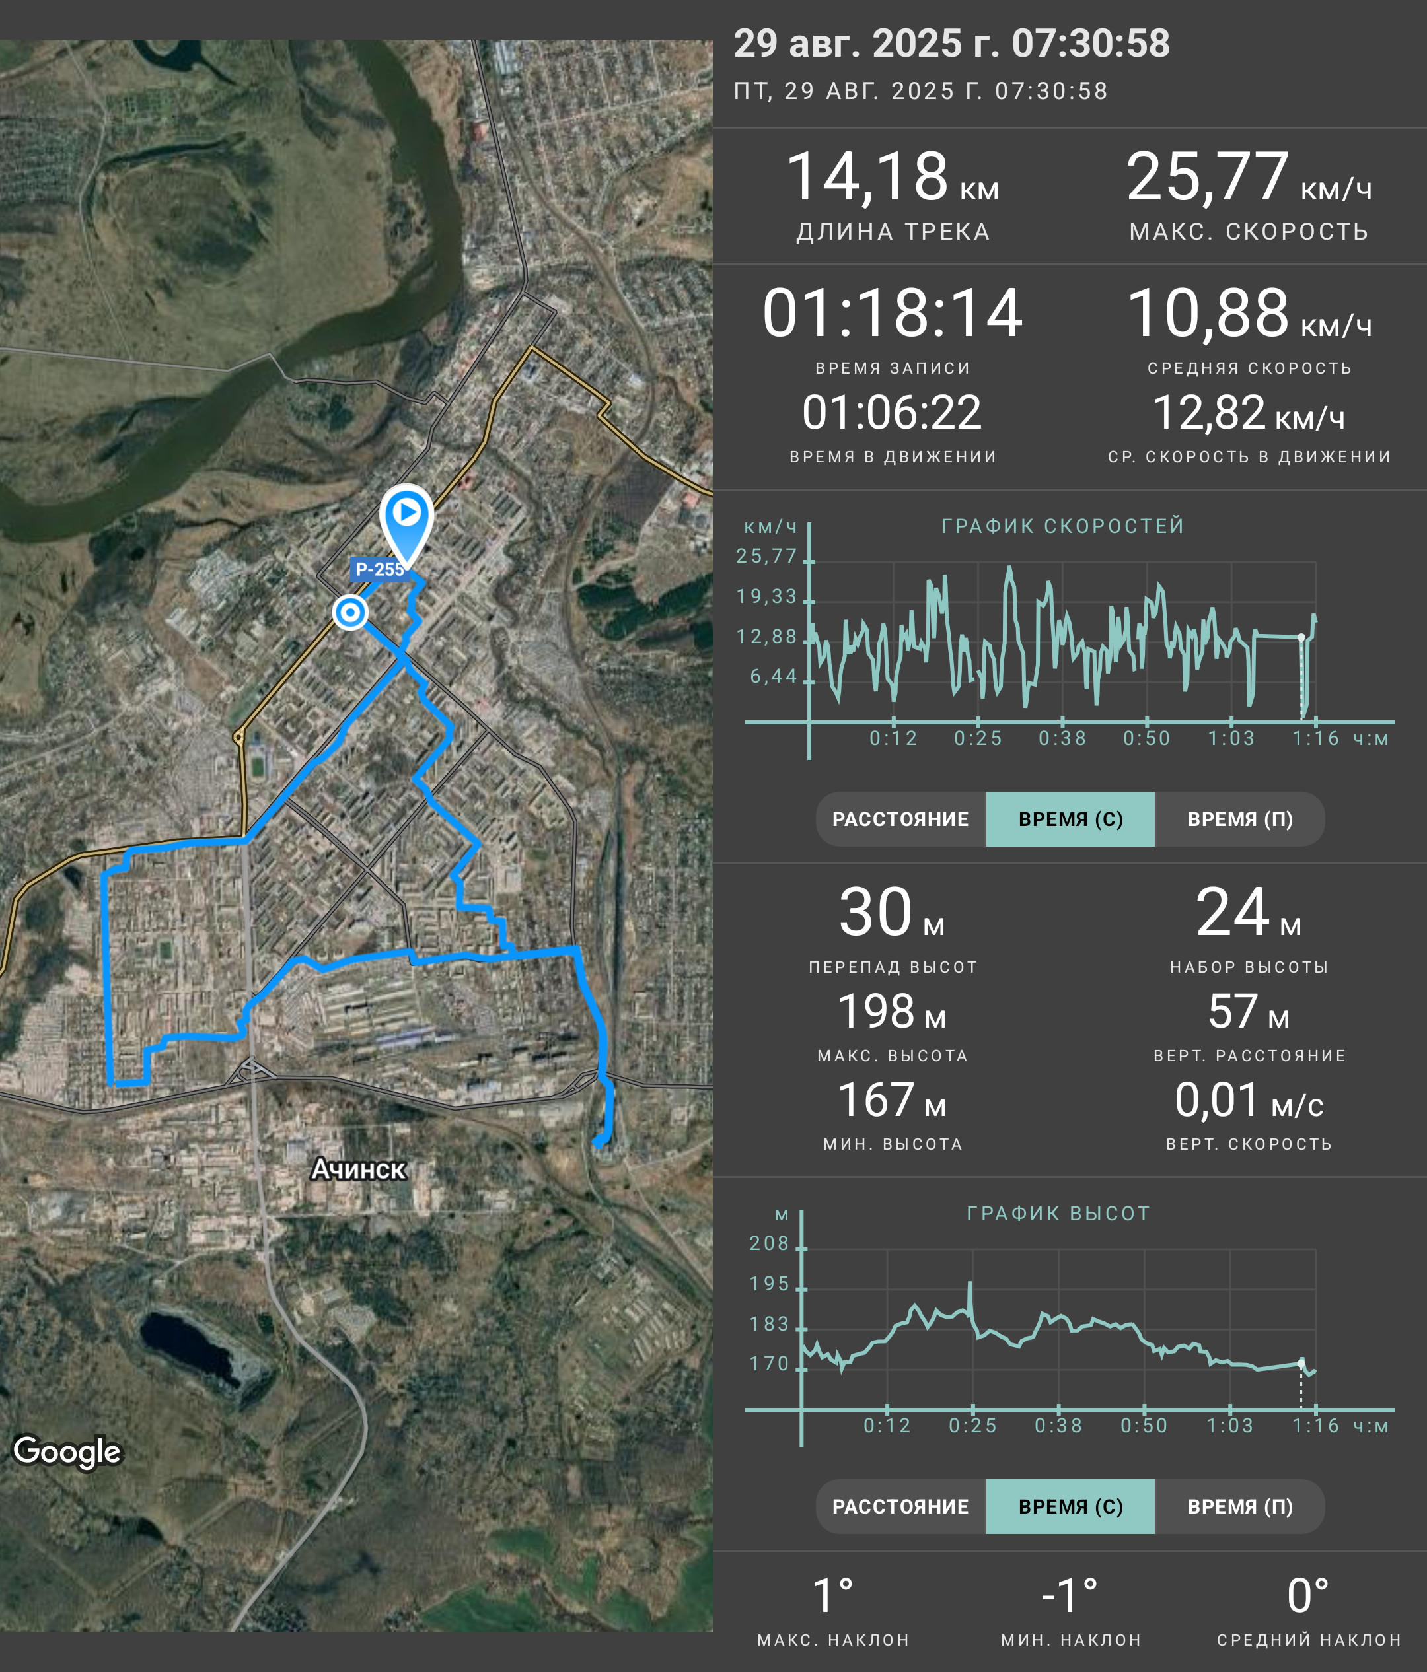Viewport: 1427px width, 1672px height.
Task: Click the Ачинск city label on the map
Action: [x=358, y=1169]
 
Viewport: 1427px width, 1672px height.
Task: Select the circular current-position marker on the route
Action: [x=350, y=613]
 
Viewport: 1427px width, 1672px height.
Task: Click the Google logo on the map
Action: [x=67, y=1451]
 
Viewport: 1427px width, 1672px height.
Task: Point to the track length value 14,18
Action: [x=866, y=177]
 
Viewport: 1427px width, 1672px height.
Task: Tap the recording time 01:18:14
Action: [x=893, y=313]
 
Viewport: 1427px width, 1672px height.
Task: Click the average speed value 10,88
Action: [x=1208, y=313]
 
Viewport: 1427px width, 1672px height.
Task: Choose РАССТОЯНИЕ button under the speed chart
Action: [x=900, y=819]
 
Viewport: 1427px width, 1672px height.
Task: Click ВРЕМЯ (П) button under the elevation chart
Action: [x=1240, y=1506]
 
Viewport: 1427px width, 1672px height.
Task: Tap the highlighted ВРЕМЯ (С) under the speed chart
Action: [x=1070, y=819]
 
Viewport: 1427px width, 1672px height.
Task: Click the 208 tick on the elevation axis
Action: [x=769, y=1243]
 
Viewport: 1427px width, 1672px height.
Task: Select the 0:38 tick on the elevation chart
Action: [x=1058, y=1426]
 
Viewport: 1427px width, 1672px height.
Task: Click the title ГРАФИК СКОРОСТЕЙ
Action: [x=1063, y=526]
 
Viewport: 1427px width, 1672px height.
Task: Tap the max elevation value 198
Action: [x=876, y=1011]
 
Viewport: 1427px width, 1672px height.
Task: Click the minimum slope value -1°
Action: [x=1070, y=1596]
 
